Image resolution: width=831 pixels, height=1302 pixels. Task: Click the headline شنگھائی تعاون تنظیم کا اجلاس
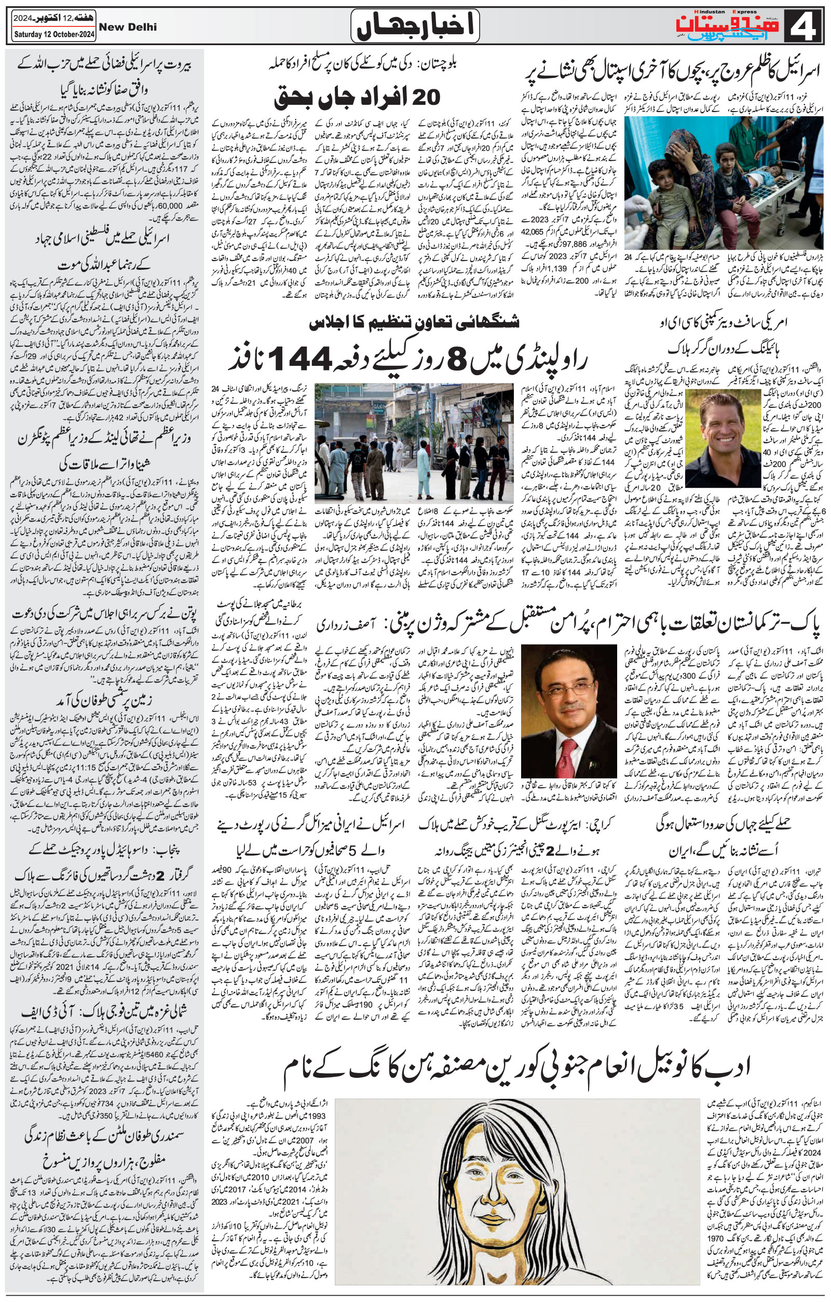tap(414, 323)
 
